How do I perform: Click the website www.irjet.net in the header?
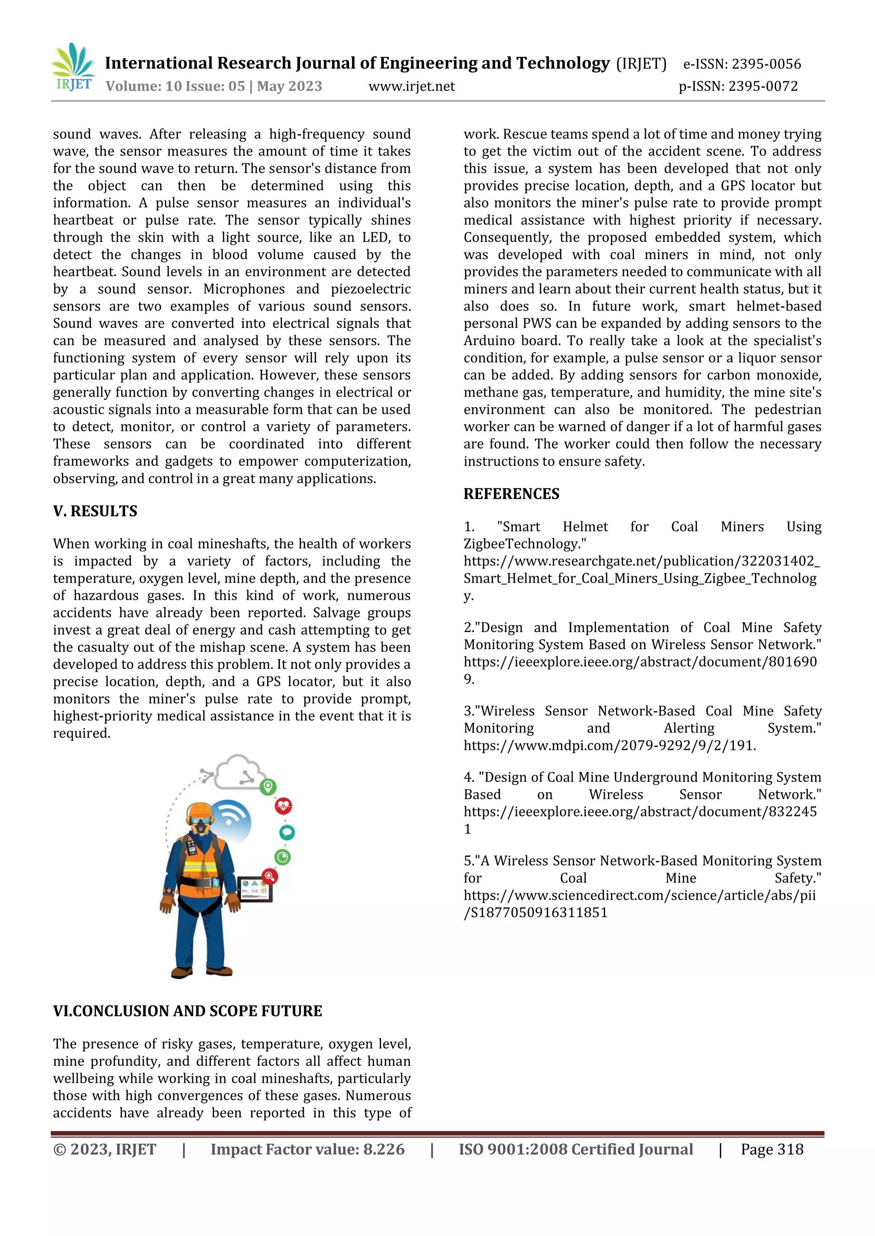click(411, 86)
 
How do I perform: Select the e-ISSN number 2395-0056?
click(766, 64)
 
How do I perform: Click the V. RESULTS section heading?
click(95, 511)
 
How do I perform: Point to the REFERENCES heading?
click(511, 494)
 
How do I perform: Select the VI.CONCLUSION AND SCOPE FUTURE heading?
click(188, 1011)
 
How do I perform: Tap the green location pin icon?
click(268, 787)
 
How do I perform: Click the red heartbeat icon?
click(283, 806)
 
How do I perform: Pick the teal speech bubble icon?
click(287, 833)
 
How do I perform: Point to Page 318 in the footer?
click(772, 1149)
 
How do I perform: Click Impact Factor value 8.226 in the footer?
click(307, 1149)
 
